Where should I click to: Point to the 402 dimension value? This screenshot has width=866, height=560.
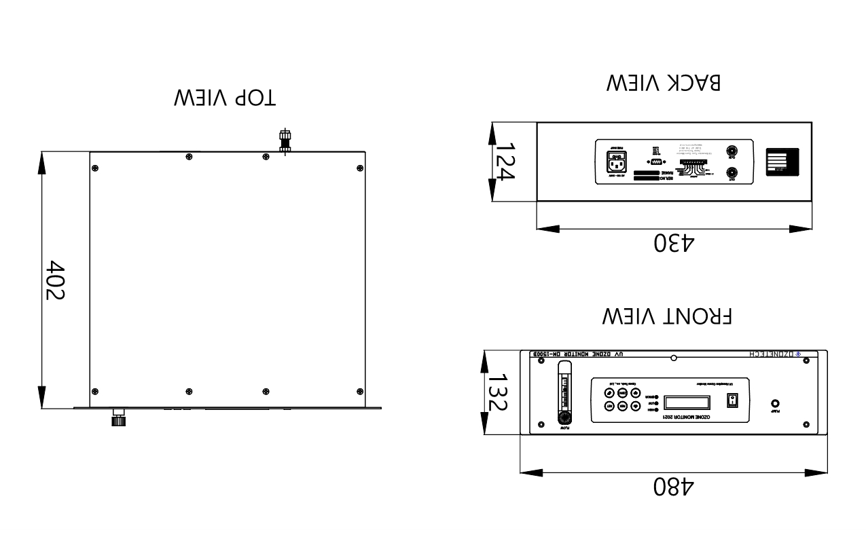point(55,280)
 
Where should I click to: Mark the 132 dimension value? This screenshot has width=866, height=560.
point(499,392)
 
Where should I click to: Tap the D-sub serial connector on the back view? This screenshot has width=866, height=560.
point(655,164)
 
